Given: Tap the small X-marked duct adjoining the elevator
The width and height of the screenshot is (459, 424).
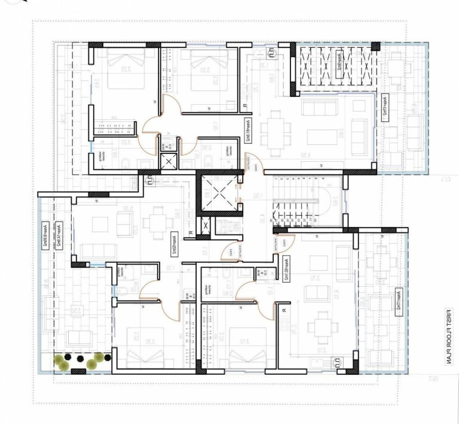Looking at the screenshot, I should pos(206,227).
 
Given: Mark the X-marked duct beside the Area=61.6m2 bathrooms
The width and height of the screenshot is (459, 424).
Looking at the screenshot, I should pos(169,161).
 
